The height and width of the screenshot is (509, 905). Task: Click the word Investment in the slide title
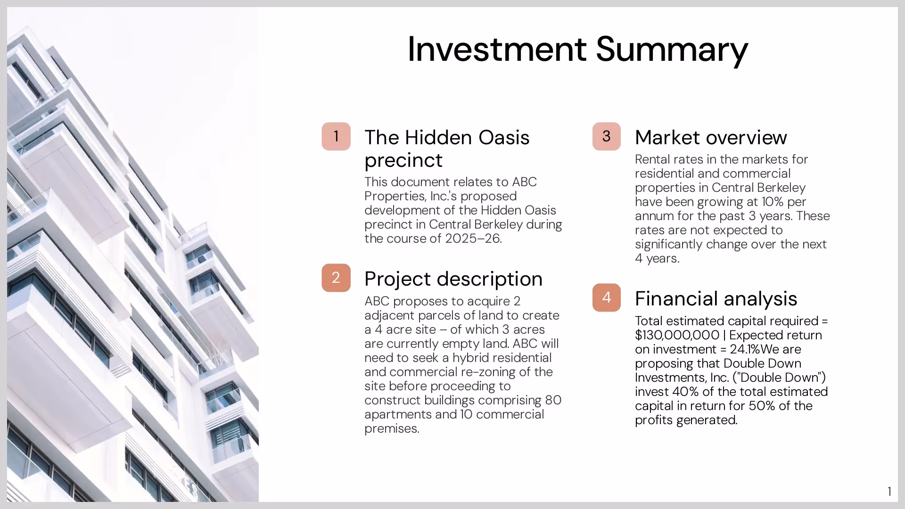pyautogui.click(x=497, y=49)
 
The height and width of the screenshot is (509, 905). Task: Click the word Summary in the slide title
pyautogui.click(x=672, y=50)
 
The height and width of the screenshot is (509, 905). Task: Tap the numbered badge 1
pyautogui.click(x=336, y=137)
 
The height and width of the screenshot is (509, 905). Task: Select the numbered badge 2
pyautogui.click(x=336, y=278)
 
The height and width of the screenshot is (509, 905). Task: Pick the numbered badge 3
pyautogui.click(x=607, y=137)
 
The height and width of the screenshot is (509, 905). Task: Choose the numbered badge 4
pyautogui.click(x=607, y=297)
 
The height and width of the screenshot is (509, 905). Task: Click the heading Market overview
pyautogui.click(x=711, y=138)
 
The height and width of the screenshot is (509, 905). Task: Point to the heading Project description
pyautogui.click(x=453, y=279)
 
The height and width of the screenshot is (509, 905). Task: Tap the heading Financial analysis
pyautogui.click(x=716, y=299)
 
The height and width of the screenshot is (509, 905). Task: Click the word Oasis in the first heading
pyautogui.click(x=504, y=138)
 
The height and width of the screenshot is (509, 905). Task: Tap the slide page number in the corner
pyautogui.click(x=889, y=492)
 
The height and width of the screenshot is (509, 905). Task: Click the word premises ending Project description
pyautogui.click(x=391, y=428)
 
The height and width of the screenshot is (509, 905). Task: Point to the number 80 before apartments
pyautogui.click(x=553, y=400)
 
